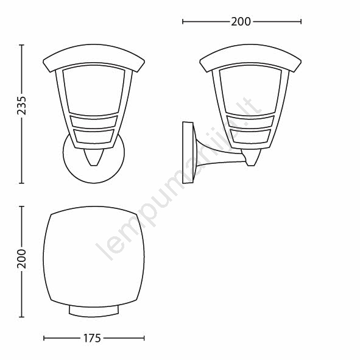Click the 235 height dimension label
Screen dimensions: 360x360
pyautogui.click(x=22, y=105)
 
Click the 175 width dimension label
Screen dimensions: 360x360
pyautogui.click(x=92, y=338)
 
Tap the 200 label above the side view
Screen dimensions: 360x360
pyautogui.click(x=241, y=22)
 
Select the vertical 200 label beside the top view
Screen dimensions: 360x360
pyautogui.click(x=22, y=259)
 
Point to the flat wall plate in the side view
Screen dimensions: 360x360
pyautogui.click(x=188, y=153)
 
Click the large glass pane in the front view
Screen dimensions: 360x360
pyautogui.click(x=94, y=90)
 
